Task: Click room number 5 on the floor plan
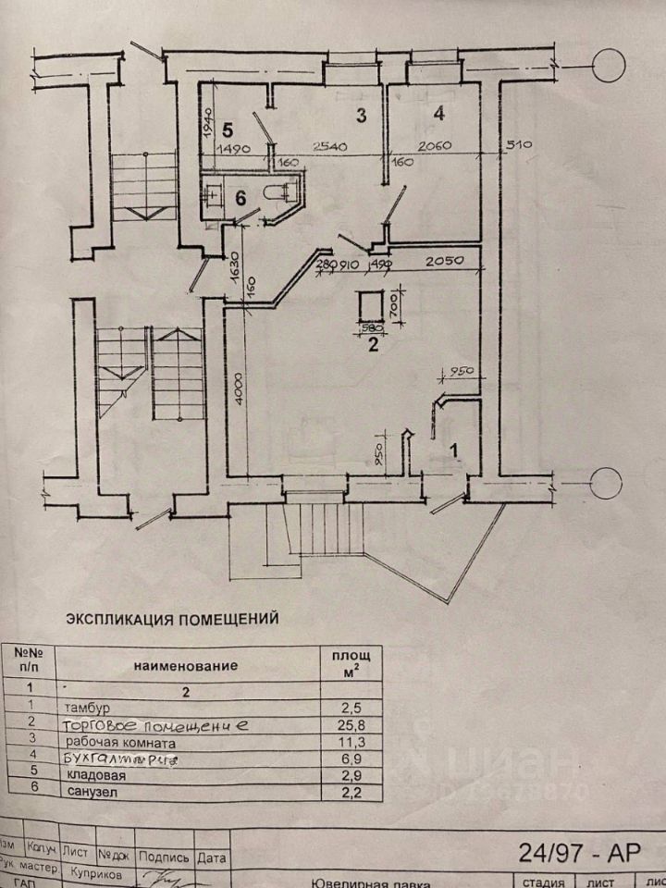tap(228, 129)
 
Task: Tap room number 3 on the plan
tap(363, 116)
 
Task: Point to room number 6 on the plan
tap(240, 197)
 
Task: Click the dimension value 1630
tap(235, 269)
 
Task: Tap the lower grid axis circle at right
tap(608, 483)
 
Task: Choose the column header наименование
tap(185, 665)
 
